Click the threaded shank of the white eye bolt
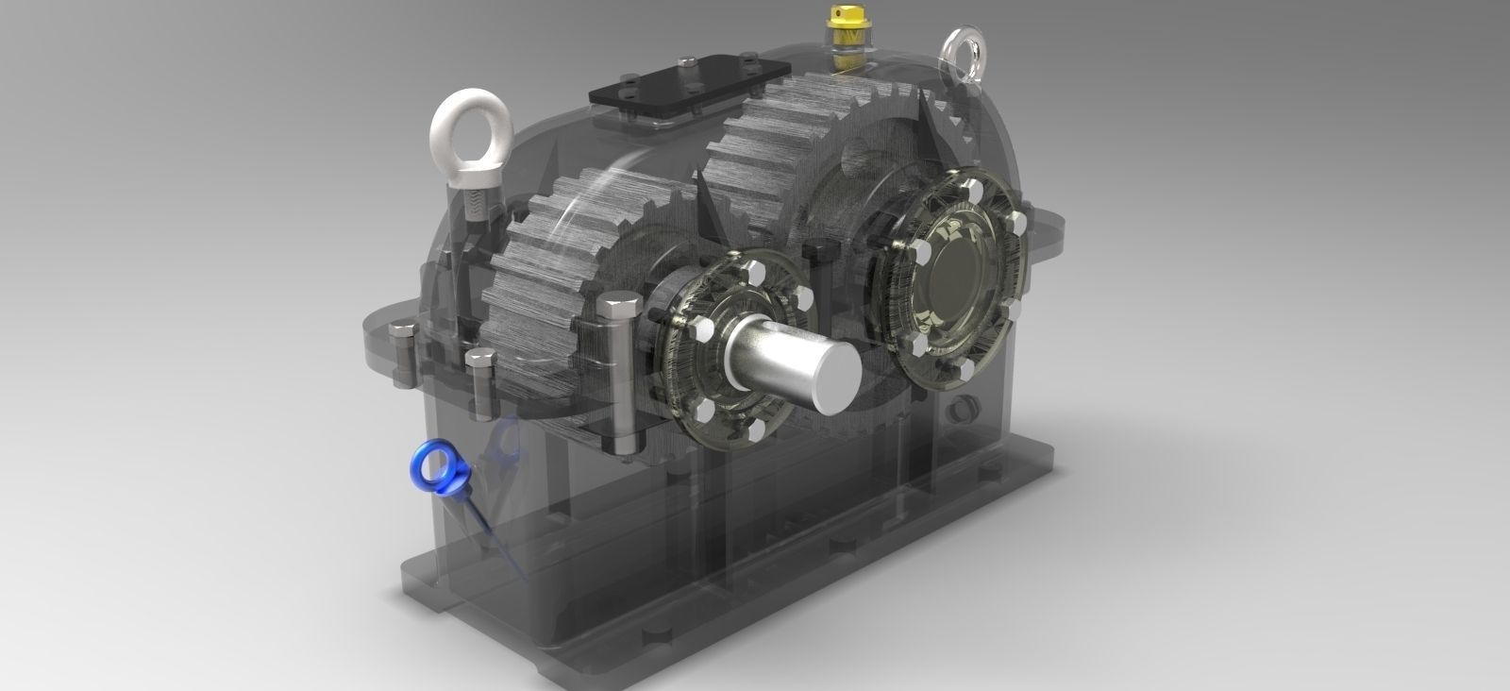click(469, 203)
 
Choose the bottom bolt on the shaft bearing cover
click(755, 430)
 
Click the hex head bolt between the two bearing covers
click(816, 251)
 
